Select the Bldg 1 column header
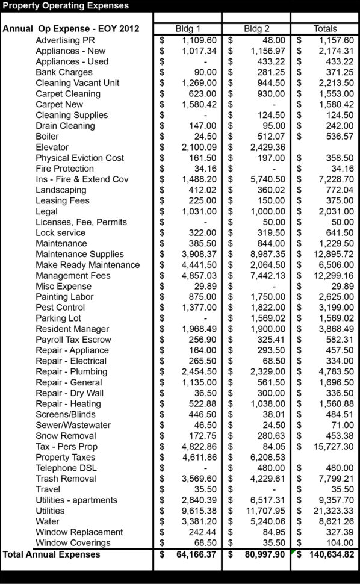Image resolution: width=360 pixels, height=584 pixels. pyautogui.click(x=188, y=28)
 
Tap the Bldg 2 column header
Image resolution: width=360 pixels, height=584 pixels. pyautogui.click(x=256, y=28)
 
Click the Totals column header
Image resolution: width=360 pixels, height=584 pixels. pyautogui.click(x=325, y=28)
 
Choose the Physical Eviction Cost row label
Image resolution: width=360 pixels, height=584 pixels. pyautogui.click(x=80, y=158)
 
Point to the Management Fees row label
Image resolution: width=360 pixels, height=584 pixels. pyautogui.click(x=73, y=275)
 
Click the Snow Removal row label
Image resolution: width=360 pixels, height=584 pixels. pyautogui.click(x=66, y=435)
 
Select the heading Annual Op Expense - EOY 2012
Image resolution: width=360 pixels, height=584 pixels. pyautogui.click(x=71, y=28)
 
